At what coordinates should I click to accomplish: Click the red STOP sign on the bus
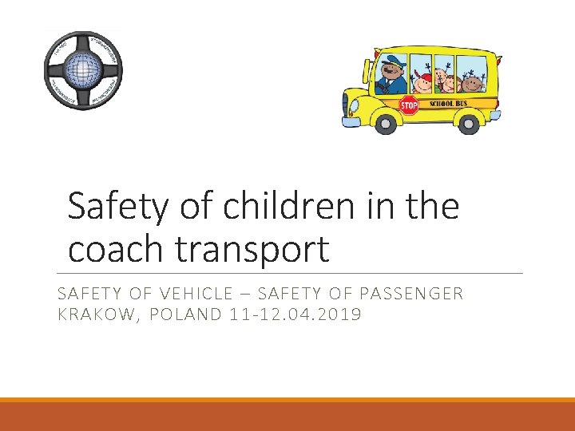pyautogui.click(x=409, y=105)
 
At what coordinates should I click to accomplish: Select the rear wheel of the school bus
pyautogui.click(x=470, y=123)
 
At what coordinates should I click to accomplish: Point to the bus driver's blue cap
pyautogui.click(x=394, y=60)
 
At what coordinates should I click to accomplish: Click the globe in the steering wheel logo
pyautogui.click(x=83, y=69)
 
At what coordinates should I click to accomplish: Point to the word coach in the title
pyautogui.click(x=118, y=249)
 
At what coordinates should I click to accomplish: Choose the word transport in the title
pyautogui.click(x=252, y=251)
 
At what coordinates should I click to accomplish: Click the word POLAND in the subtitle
pyautogui.click(x=184, y=314)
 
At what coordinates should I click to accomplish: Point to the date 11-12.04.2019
pyautogui.click(x=295, y=314)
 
